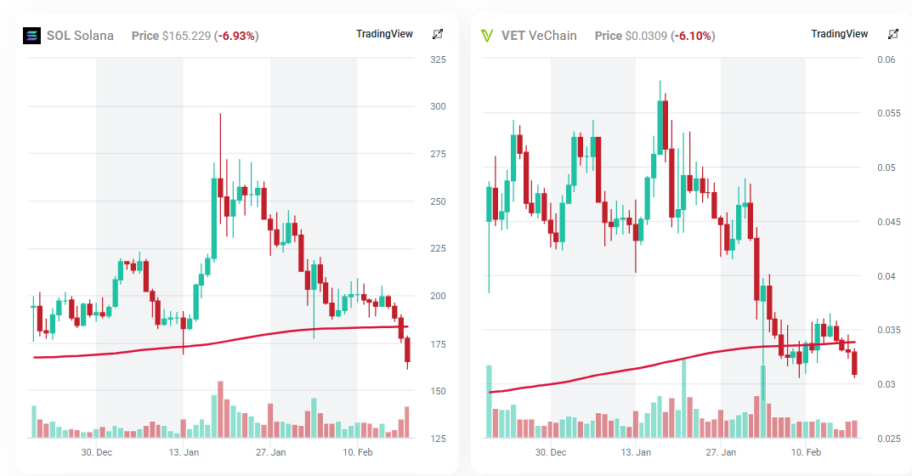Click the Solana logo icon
tap(31, 36)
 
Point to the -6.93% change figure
tap(237, 36)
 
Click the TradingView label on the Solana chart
tap(384, 34)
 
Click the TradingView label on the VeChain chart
tap(840, 34)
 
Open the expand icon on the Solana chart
tap(438, 34)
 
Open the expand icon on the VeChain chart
tap(893, 34)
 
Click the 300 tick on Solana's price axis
tap(439, 107)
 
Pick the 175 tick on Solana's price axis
tap(439, 344)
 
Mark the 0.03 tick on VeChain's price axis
tap(887, 384)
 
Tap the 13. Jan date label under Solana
tap(184, 452)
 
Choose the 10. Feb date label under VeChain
tap(806, 452)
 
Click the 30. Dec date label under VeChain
tap(551, 452)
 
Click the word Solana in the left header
tap(93, 36)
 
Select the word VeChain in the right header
tap(552, 36)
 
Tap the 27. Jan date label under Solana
tap(270, 452)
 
